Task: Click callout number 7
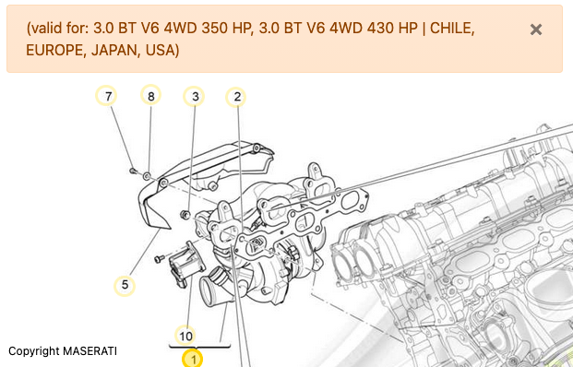pyautogui.click(x=108, y=96)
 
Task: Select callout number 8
pyautogui.click(x=151, y=96)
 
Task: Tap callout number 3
pyautogui.click(x=195, y=97)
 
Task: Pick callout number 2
pyautogui.click(x=237, y=97)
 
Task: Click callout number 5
pyautogui.click(x=125, y=285)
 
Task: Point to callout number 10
pyautogui.click(x=185, y=336)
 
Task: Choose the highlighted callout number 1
pyautogui.click(x=193, y=359)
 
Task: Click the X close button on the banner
pyautogui.click(x=536, y=30)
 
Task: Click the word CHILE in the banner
pyautogui.click(x=452, y=28)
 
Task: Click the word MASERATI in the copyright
pyautogui.click(x=90, y=351)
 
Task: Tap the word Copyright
pyautogui.click(x=34, y=351)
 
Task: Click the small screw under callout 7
pyautogui.click(x=133, y=171)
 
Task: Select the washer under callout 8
pyautogui.click(x=147, y=176)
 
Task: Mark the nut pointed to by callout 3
pyautogui.click(x=185, y=215)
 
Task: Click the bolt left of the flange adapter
pyautogui.click(x=159, y=259)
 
